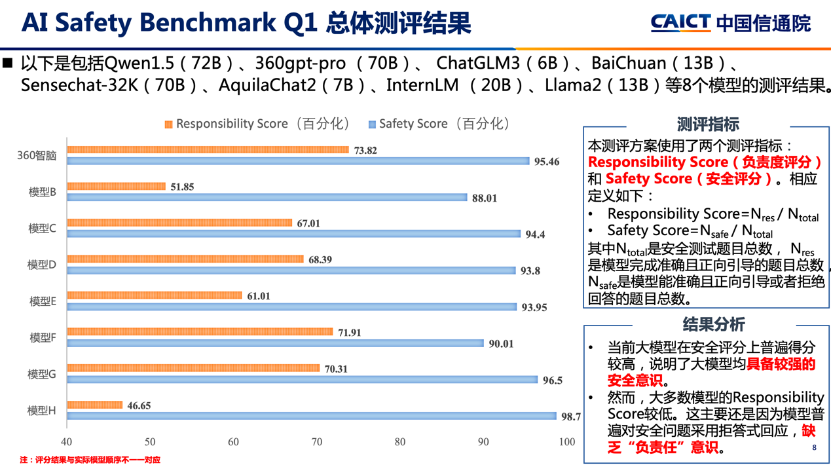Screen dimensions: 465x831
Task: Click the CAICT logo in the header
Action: (730, 23)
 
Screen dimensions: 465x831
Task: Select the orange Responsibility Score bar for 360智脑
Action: (208, 150)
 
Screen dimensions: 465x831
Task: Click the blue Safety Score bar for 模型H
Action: (312, 416)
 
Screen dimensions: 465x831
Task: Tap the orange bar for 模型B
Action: (117, 187)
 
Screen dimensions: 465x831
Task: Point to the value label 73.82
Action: (365, 151)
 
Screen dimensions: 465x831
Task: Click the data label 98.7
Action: (571, 417)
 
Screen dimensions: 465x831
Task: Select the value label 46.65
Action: (139, 406)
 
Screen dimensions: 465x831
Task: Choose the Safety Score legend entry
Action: (439, 124)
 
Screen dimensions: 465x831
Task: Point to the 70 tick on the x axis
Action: (317, 442)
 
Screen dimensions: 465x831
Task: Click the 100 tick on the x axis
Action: (566, 442)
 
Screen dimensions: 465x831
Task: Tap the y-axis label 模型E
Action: (43, 301)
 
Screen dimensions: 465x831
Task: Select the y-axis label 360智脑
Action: (37, 156)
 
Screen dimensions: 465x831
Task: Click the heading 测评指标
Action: (708, 124)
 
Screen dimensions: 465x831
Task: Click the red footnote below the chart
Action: (90, 460)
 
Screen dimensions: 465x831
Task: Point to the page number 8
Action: (814, 447)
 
